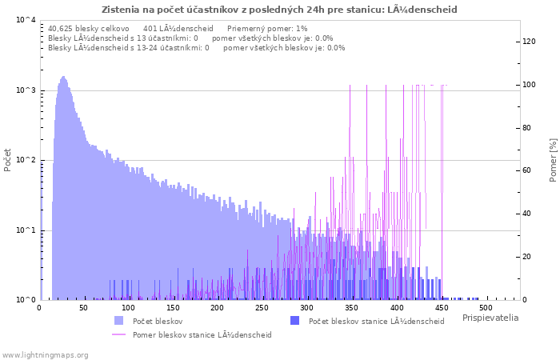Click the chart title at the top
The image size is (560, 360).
(x=279, y=10)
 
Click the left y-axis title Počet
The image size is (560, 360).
(x=8, y=159)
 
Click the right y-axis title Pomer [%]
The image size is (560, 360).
(x=552, y=159)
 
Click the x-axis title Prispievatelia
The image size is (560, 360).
(x=490, y=318)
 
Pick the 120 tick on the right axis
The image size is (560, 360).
(x=530, y=42)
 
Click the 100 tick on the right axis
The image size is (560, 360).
(x=530, y=85)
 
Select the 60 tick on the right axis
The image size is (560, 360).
(x=528, y=171)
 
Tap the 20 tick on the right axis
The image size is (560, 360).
(x=528, y=257)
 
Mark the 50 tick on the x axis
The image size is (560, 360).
(x=83, y=307)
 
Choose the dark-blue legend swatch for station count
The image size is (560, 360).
(x=294, y=321)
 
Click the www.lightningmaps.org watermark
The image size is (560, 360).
(x=45, y=354)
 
